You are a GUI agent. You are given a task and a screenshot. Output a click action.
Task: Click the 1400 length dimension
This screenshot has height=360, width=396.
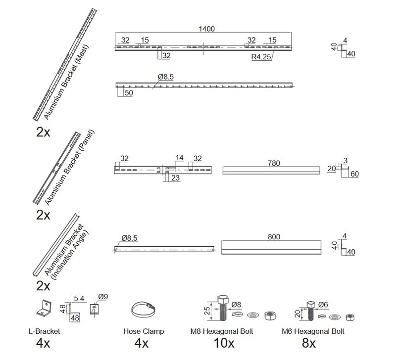point(206,29)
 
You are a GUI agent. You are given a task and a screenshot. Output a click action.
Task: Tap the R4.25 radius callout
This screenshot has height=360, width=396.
point(261,57)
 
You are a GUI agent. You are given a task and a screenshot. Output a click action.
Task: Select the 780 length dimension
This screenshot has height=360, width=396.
point(274,163)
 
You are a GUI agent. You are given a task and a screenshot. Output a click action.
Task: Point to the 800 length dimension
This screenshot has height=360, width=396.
point(274,237)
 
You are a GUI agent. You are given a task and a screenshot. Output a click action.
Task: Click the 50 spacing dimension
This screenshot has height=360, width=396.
point(129,93)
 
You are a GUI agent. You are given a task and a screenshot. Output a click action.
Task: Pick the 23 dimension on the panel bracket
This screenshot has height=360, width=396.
point(175,178)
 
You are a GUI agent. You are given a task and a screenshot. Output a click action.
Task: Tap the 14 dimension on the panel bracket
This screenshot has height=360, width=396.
point(179,158)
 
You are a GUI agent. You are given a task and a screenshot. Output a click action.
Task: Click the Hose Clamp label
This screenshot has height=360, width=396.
point(144,331)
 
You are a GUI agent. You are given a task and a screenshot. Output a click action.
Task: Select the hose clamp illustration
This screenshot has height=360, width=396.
point(143,310)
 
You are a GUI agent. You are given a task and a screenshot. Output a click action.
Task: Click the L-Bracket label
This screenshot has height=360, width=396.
point(45,331)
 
